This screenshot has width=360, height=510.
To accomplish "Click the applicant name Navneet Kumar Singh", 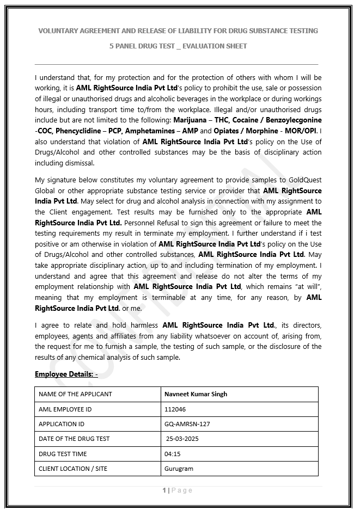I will point(196,394).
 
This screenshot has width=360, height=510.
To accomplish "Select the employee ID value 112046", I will point(175,409).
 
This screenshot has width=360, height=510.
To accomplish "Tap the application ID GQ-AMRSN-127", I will point(187,424).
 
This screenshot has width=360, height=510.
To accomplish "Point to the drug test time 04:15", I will point(172,454).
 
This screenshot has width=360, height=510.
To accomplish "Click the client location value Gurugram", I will point(179,469).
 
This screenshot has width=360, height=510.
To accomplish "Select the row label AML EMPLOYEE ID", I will point(65,409).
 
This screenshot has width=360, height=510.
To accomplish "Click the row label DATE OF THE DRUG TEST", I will point(74,439).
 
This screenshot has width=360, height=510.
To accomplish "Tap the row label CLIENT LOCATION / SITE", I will point(73,469).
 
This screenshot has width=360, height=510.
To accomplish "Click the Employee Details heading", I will point(66,374).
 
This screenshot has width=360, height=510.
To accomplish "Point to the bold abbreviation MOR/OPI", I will point(302,131).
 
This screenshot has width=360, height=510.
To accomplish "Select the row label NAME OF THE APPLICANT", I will point(75,394).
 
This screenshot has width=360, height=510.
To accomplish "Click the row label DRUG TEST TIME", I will point(63,454).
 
